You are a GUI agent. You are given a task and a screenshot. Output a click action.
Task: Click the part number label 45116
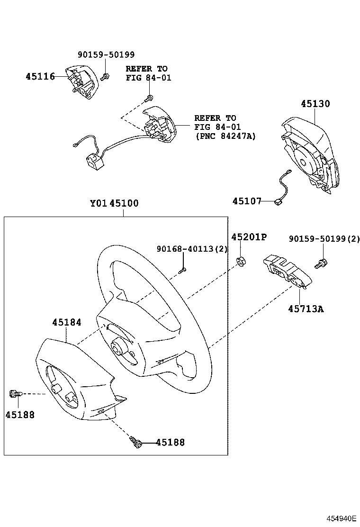[x=40, y=76]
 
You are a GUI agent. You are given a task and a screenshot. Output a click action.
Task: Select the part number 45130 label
[x=315, y=104]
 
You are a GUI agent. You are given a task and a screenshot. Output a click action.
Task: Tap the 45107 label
[x=246, y=201]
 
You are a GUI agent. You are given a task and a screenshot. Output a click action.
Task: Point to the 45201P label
[x=249, y=237]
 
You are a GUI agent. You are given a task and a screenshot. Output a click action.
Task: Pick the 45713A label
[x=306, y=309]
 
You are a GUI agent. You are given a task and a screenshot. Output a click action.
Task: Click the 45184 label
[x=66, y=322]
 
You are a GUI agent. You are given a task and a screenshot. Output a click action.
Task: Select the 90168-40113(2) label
[x=192, y=249]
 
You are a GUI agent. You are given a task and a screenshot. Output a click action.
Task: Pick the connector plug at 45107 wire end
[x=278, y=203]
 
